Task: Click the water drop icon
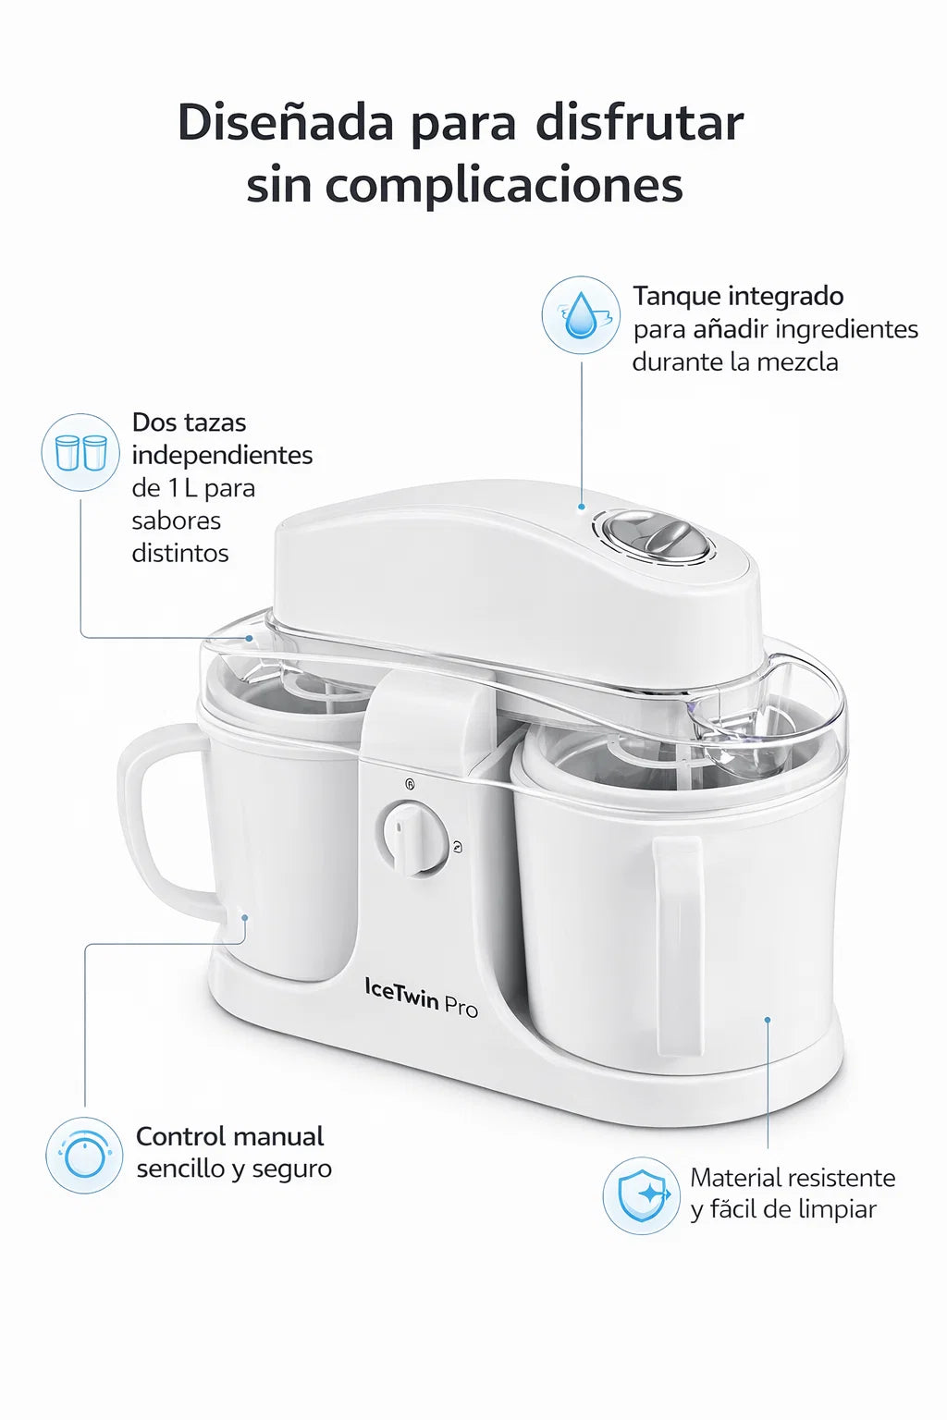coord(581,314)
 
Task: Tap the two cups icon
coord(80,452)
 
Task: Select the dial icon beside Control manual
coord(84,1155)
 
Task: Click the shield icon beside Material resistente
coord(641,1195)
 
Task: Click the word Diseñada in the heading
coord(286,123)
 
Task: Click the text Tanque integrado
coord(738,296)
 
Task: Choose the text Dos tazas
coord(189,422)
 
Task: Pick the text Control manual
coord(230,1136)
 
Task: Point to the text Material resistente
coord(793,1178)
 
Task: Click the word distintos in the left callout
coord(180,553)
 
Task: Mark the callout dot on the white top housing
coord(582,507)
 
